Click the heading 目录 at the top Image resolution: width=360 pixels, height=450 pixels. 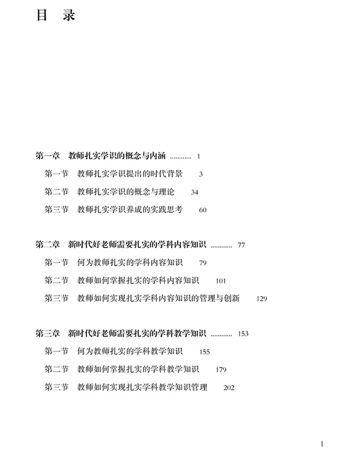[x=56, y=16]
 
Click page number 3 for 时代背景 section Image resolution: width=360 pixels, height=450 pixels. [x=201, y=174]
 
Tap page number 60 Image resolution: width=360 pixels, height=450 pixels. [x=203, y=210]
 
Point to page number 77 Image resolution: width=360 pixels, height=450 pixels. [x=241, y=245]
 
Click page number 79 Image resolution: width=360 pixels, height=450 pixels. [x=203, y=263]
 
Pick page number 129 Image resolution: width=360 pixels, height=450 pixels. [x=261, y=299]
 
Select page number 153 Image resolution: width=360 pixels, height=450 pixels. [x=243, y=334]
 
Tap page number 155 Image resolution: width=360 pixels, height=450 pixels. [x=205, y=352]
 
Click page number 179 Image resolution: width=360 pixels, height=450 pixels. [x=221, y=370]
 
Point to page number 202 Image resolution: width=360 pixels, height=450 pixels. [x=229, y=388]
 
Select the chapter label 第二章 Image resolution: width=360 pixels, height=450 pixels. [x=48, y=244]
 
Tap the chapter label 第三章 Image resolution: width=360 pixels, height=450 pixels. [x=48, y=333]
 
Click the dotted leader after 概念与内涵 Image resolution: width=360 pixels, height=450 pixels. [x=180, y=157]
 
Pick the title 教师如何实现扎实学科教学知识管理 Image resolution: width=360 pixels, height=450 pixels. [x=143, y=387]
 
